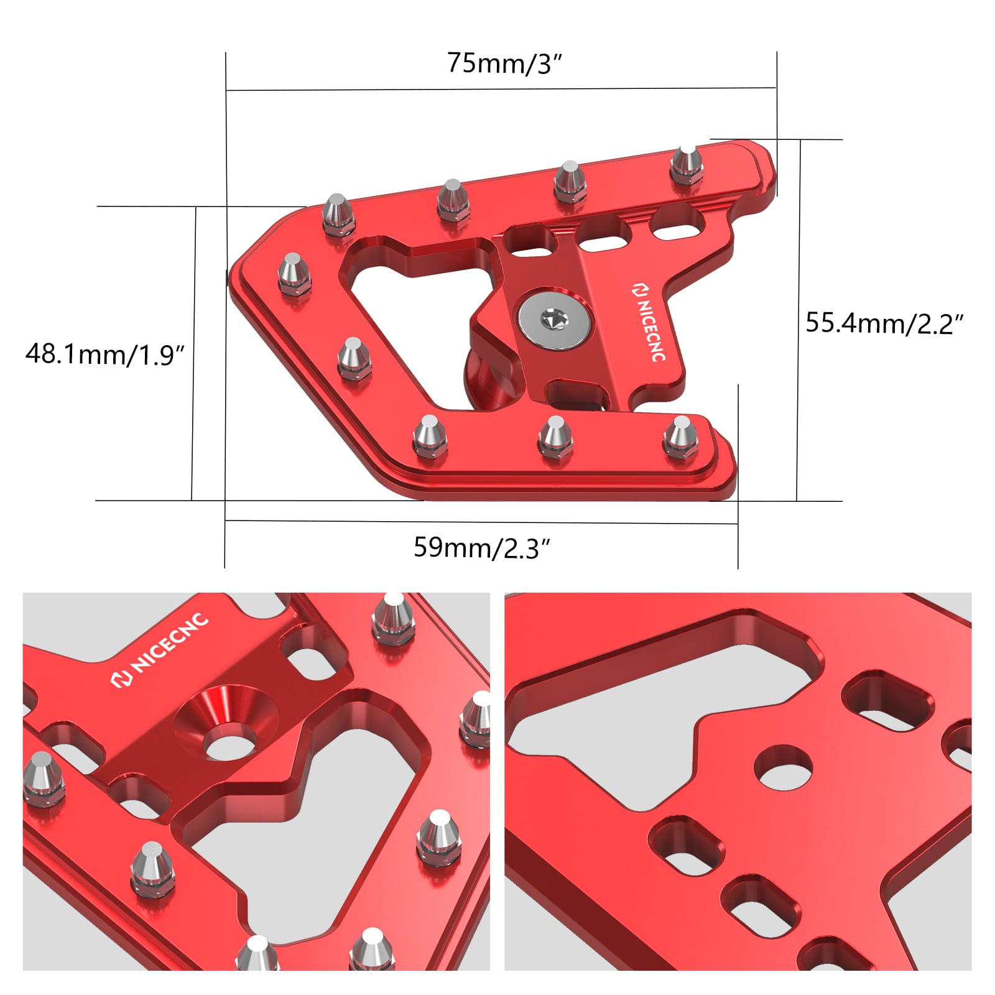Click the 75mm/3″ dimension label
pyautogui.click(x=504, y=63)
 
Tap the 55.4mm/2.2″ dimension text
pyautogui.click(x=884, y=323)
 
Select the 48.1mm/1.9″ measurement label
pyautogui.click(x=105, y=354)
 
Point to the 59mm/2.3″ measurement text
pyautogui.click(x=482, y=548)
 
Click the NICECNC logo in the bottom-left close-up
pyautogui.click(x=160, y=649)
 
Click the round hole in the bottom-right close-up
pyautogui.click(x=783, y=767)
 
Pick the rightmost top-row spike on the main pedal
pyautogui.click(x=687, y=164)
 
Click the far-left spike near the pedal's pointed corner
pyautogui.click(x=293, y=273)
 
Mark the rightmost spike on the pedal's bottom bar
pyautogui.click(x=681, y=437)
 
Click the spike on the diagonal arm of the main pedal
pyautogui.click(x=354, y=358)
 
